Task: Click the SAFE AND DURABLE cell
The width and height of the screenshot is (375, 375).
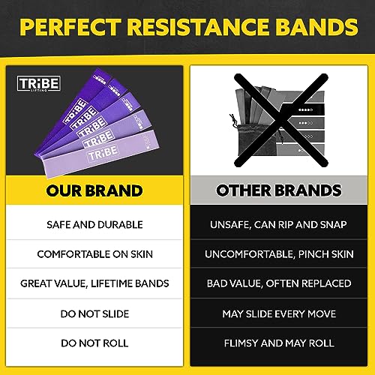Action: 94,224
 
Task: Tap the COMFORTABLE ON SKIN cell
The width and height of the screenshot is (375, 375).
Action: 94,254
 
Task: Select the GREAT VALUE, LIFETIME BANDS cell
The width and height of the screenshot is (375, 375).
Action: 94,284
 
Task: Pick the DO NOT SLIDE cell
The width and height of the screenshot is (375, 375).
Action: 94,314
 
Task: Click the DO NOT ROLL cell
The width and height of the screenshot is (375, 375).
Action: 94,344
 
